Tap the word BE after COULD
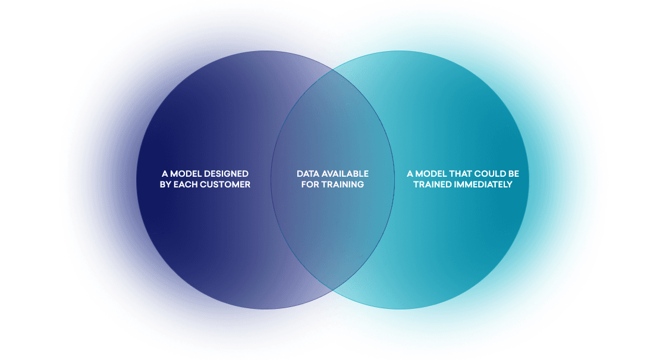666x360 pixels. [x=513, y=174]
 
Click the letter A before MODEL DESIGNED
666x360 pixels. [x=165, y=174]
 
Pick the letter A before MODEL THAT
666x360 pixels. [x=410, y=174]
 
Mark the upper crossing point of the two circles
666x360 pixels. [x=332, y=71]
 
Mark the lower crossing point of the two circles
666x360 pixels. [x=332, y=290]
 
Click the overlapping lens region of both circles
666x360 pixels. [x=332, y=226]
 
